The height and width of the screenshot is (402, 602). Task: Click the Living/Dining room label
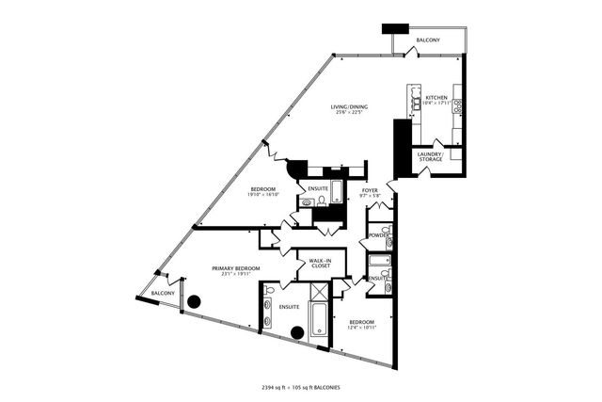pyautogui.click(x=349, y=106)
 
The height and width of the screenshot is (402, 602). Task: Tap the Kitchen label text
pyautogui.click(x=436, y=97)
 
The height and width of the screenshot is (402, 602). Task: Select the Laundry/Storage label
pyautogui.click(x=431, y=155)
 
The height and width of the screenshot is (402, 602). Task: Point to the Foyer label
pyautogui.click(x=370, y=190)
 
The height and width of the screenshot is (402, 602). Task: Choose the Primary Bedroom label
pyautogui.click(x=235, y=268)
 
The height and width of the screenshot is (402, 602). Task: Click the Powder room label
pyautogui.click(x=378, y=234)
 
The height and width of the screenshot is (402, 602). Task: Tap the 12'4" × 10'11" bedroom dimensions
pyautogui.click(x=361, y=327)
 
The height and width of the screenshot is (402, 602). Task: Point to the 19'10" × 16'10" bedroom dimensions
pyautogui.click(x=263, y=195)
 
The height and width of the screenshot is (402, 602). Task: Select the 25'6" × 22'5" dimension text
pyautogui.click(x=349, y=113)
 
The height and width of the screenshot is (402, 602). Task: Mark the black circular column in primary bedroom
pyautogui.click(x=195, y=302)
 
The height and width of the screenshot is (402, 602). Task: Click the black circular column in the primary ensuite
pyautogui.click(x=297, y=331)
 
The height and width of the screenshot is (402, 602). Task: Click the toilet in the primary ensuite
pyautogui.click(x=269, y=291)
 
